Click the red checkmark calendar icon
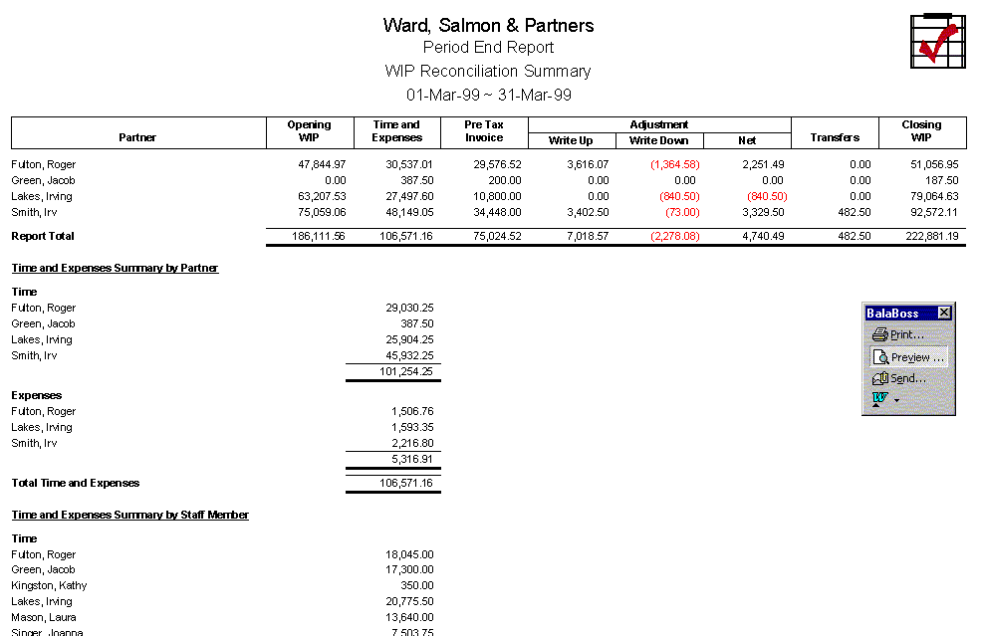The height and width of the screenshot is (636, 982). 934,41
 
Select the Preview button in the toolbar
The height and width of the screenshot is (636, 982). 908,357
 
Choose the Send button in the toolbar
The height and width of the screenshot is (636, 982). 900,379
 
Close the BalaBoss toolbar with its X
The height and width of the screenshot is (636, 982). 944,313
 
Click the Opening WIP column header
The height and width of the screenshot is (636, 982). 309,131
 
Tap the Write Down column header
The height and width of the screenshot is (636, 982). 659,140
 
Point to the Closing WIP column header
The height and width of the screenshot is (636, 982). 921,131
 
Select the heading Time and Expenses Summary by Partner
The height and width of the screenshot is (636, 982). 115,269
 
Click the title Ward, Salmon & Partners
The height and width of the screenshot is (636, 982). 488,26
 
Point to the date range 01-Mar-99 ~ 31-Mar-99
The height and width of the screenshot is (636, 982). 488,96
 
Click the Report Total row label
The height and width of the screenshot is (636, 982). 43,237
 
